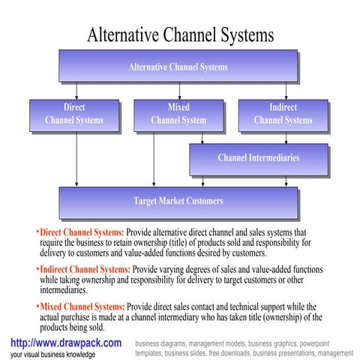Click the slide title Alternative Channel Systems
click(x=181, y=34)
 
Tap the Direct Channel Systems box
click(x=74, y=114)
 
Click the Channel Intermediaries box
click(x=258, y=158)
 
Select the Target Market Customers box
click(x=178, y=201)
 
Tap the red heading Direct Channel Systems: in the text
click(x=82, y=232)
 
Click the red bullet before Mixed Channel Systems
click(x=37, y=307)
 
